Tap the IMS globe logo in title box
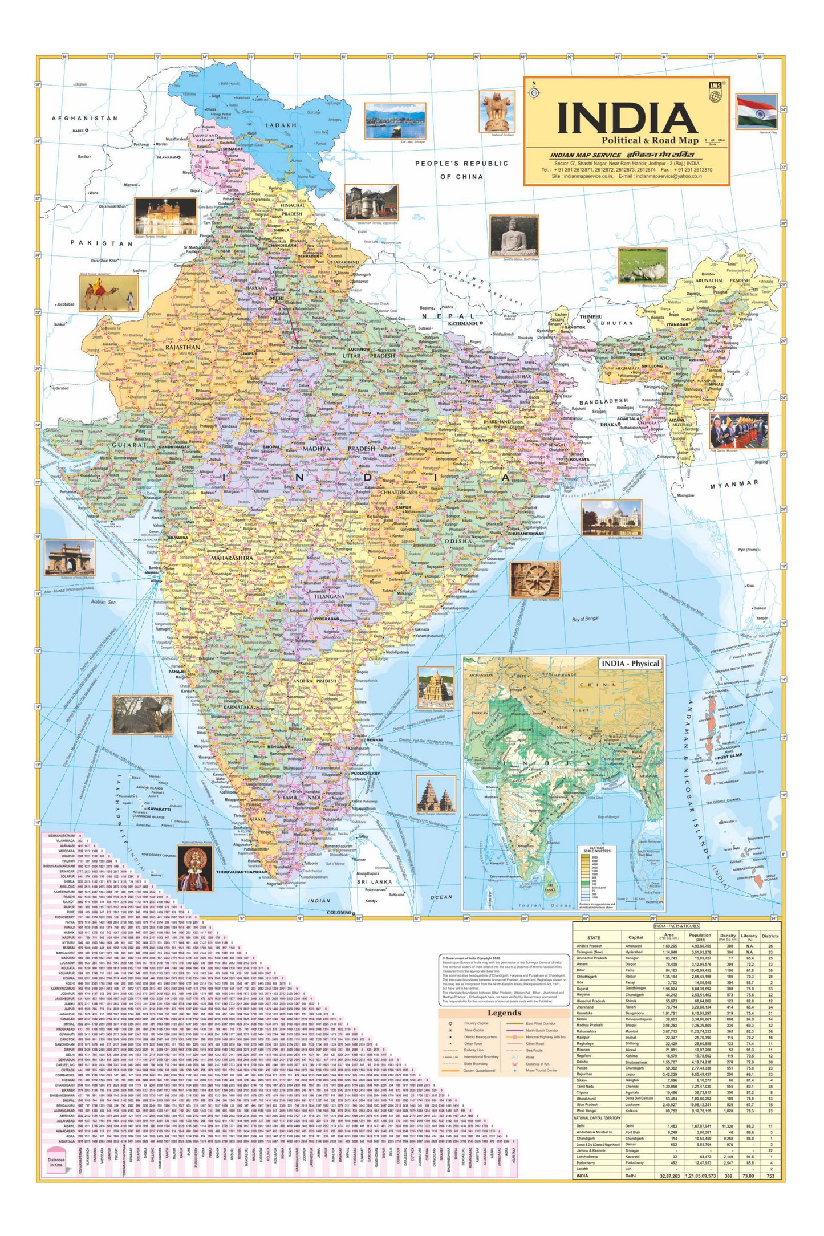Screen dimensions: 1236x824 [x=715, y=92]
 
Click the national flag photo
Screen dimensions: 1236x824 [x=756, y=112]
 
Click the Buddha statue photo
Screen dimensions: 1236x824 [x=514, y=235]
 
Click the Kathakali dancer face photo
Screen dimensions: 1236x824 [x=195, y=868]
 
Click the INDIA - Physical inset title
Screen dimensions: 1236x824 [x=630, y=664]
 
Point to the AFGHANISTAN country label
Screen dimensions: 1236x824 [x=84, y=119]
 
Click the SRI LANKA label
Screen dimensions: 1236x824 [x=375, y=881]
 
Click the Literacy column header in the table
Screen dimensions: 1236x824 [x=749, y=937]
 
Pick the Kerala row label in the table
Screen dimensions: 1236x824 [x=582, y=1019]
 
